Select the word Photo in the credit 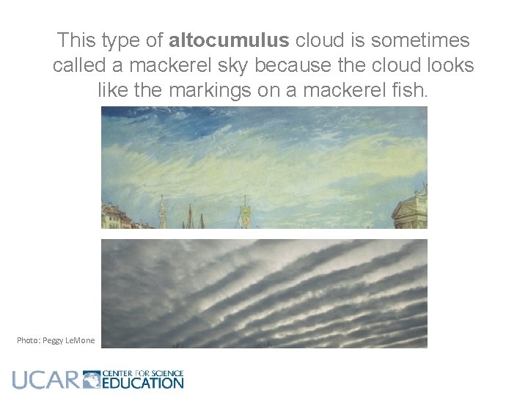point(29,340)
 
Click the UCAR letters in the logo point(44,379)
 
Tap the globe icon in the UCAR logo point(92,379)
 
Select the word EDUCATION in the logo point(143,382)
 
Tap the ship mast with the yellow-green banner point(246,214)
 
